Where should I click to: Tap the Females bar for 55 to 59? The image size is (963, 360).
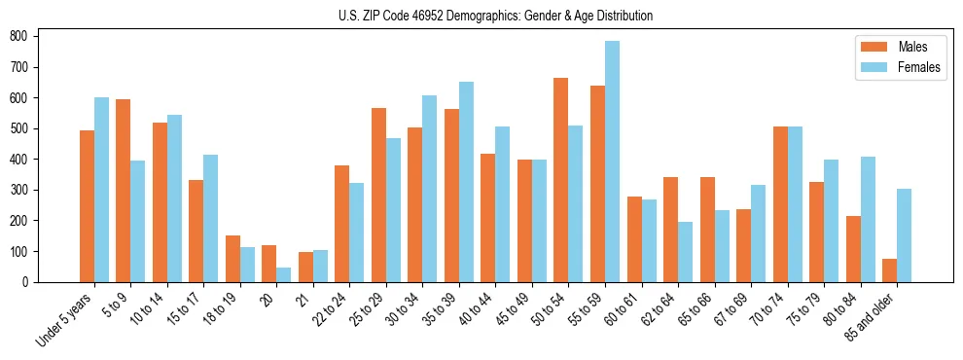point(612,162)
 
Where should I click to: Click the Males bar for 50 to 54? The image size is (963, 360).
point(561,180)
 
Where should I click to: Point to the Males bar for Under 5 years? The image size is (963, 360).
point(87,206)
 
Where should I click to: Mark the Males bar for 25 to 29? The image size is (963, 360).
point(378,195)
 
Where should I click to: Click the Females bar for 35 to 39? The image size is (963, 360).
point(466,182)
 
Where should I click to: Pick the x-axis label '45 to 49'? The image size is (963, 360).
point(513,310)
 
